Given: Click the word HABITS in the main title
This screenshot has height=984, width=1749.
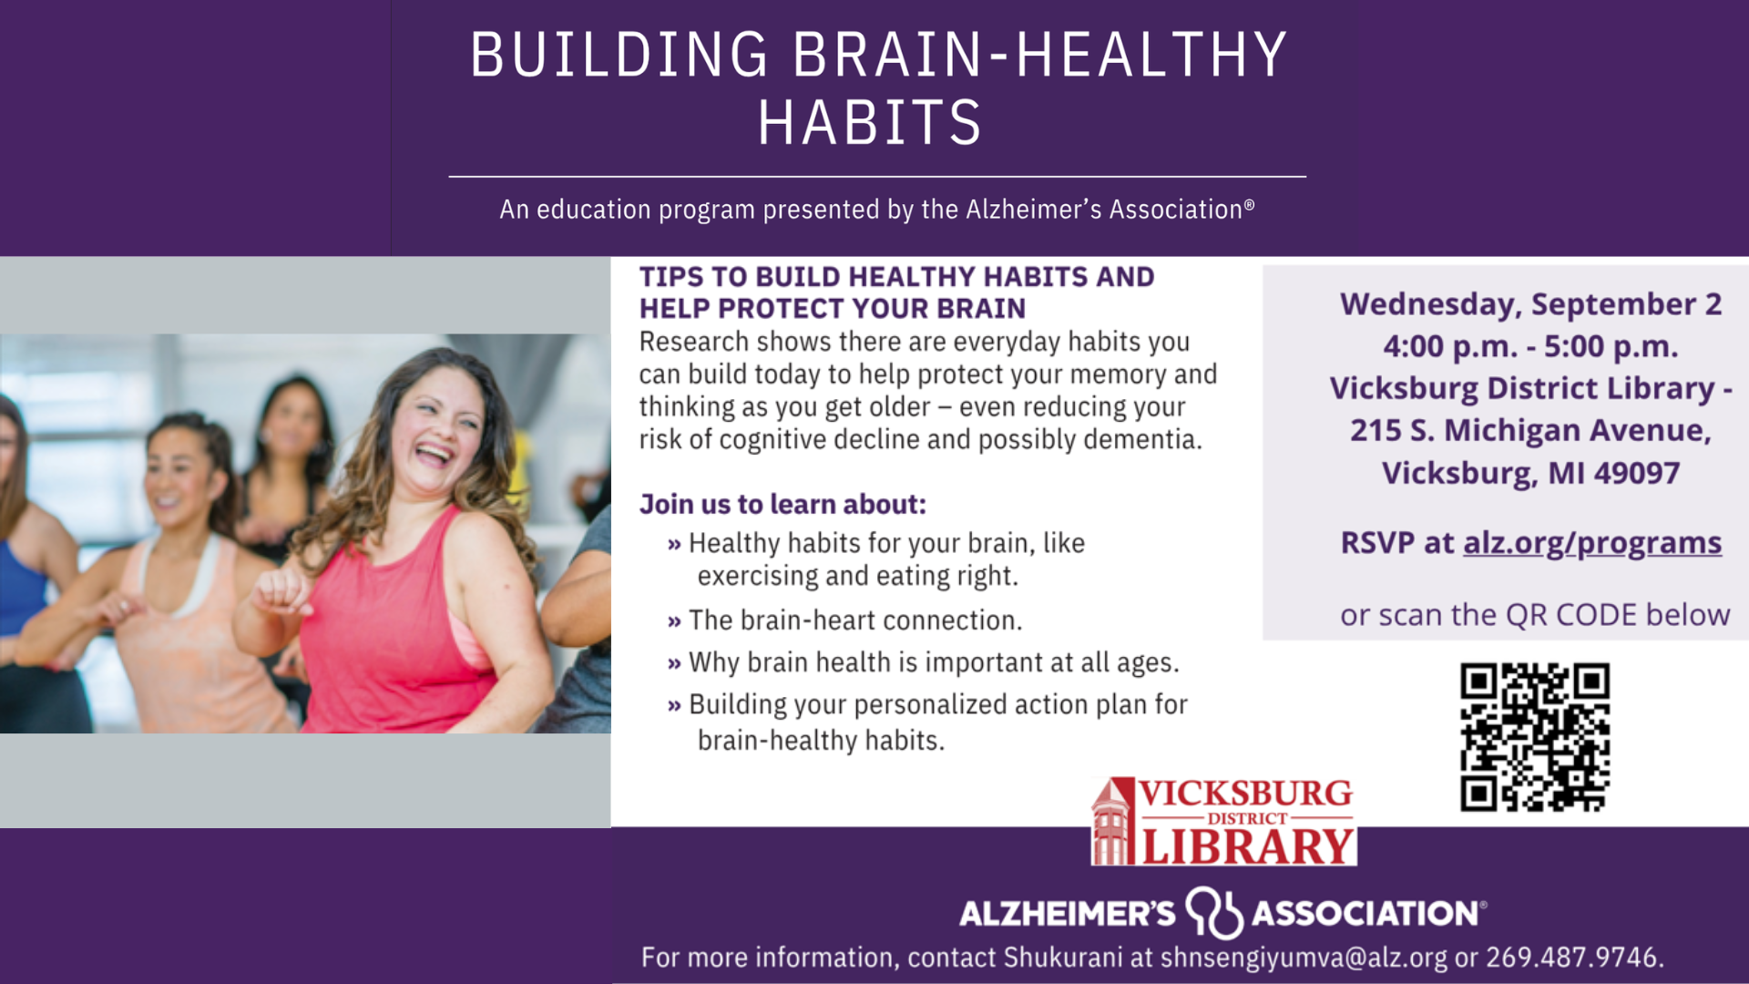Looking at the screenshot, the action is click(x=870, y=123).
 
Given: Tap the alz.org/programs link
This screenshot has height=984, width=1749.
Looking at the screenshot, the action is click(x=1592, y=542).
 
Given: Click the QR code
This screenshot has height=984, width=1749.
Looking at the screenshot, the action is click(x=1535, y=737).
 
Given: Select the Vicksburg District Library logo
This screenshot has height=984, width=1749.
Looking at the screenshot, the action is click(x=1223, y=821).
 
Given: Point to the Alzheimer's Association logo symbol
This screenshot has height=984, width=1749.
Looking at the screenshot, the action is click(x=1214, y=912).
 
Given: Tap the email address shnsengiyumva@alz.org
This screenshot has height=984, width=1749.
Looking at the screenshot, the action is click(x=1304, y=958).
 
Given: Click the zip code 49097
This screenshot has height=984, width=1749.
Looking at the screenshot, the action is click(x=1637, y=473).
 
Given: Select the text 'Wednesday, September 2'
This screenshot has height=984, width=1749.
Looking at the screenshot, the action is click(x=1531, y=304).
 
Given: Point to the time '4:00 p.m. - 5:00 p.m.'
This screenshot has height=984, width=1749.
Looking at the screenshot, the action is click(x=1530, y=346).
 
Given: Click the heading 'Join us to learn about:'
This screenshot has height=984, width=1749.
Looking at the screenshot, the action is click(x=782, y=504).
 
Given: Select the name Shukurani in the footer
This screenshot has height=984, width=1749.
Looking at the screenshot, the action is click(x=1063, y=958).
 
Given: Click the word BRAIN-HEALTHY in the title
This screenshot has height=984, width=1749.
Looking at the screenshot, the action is click(x=1040, y=55).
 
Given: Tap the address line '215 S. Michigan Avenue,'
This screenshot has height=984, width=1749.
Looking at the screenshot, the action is click(x=1530, y=430).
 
